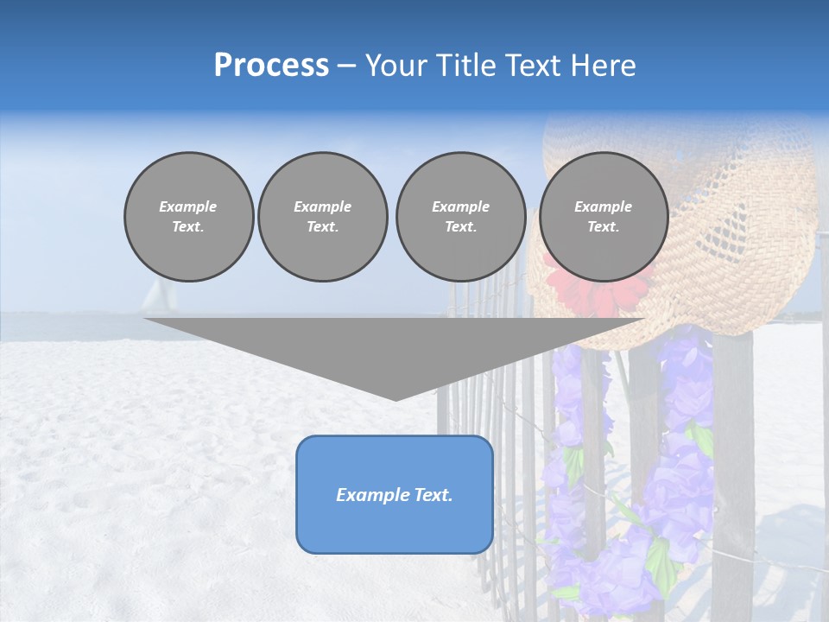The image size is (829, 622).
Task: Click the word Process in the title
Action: (271, 66)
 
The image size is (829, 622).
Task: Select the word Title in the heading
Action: (465, 66)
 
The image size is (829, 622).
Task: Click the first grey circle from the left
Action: (188, 217)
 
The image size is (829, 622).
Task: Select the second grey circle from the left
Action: (323, 217)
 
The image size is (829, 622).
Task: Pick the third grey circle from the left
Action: (460, 217)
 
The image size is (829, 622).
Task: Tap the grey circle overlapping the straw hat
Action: (604, 217)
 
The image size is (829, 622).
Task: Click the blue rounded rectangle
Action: (395, 494)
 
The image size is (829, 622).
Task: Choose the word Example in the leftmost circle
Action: (188, 206)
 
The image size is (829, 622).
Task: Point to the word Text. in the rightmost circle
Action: (604, 227)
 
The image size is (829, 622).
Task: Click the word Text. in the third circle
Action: (460, 227)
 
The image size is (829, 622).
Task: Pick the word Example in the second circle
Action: (323, 206)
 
